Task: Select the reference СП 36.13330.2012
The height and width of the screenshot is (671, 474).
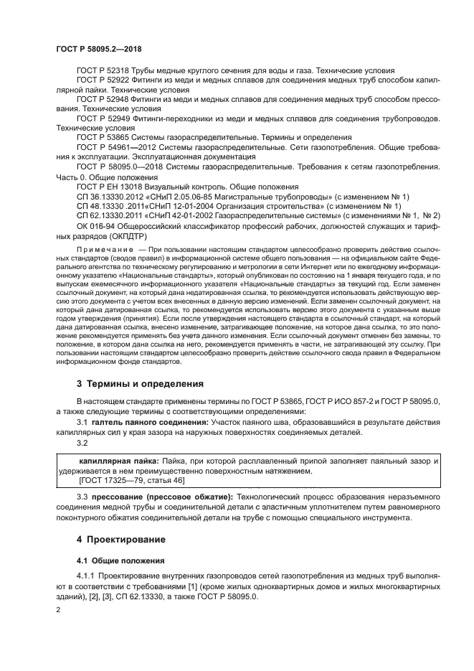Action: (x=111, y=196)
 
